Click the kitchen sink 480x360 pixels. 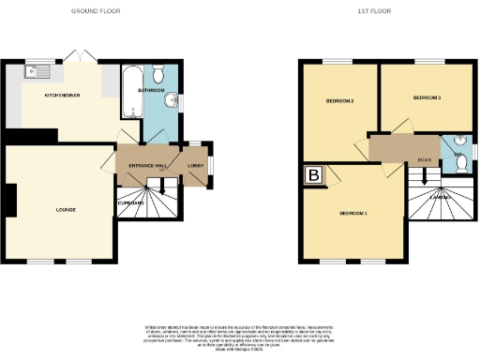click(x=39, y=70)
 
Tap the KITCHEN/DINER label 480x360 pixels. click(x=63, y=95)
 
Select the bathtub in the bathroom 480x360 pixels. click(x=129, y=82)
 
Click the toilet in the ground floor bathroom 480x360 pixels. click(x=158, y=73)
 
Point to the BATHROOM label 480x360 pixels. click(x=152, y=91)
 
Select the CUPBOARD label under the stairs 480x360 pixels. click(x=131, y=202)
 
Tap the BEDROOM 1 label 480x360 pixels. click(x=353, y=215)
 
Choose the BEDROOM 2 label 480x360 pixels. click(x=338, y=100)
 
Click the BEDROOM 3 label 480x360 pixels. click(x=427, y=97)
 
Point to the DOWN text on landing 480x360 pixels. click(x=425, y=159)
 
